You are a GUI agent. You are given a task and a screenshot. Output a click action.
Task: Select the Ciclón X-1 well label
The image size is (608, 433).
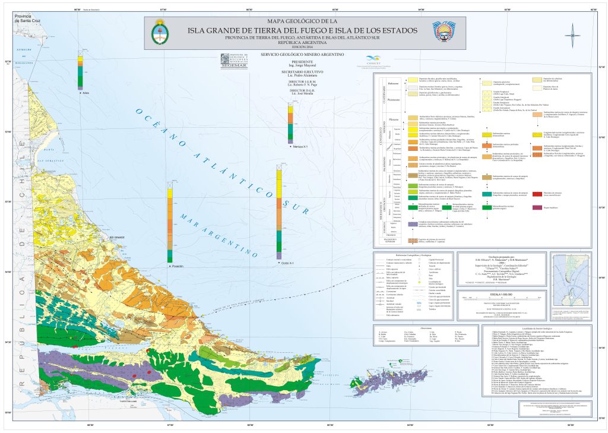pos(287,262)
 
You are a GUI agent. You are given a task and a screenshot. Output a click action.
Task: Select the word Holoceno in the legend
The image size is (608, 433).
pos(393,83)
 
